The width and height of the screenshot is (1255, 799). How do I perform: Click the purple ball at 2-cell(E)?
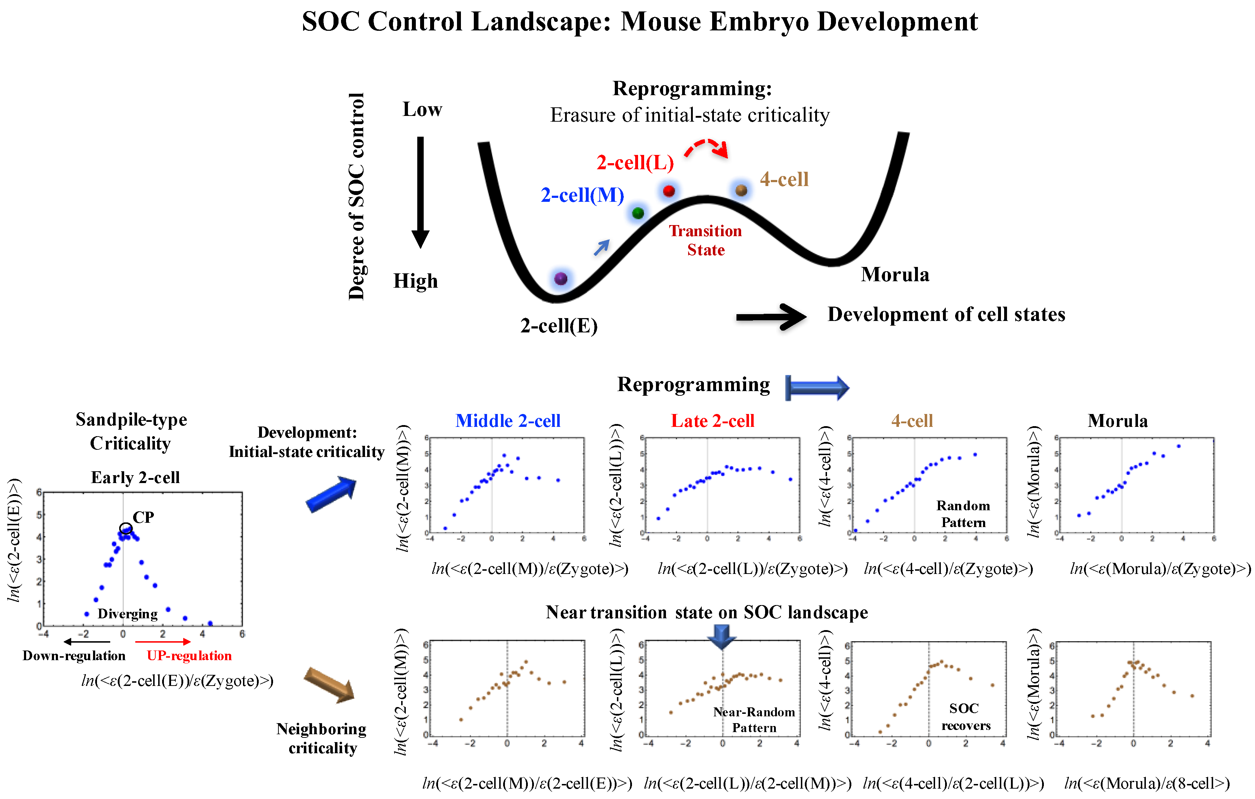pos(561,278)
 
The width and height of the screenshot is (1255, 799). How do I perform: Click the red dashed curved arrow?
pos(706,147)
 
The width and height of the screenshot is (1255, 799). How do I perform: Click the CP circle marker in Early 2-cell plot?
pos(126,528)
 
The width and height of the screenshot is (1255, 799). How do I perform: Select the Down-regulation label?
pos(74,656)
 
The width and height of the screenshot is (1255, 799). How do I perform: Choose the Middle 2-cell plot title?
pos(508,420)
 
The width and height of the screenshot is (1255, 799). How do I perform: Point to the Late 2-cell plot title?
pos(712,420)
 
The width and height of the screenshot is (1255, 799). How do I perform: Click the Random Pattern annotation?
pos(963,514)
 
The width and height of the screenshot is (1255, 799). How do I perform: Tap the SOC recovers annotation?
pos(965,717)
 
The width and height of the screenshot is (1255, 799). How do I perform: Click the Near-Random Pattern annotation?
pos(754,720)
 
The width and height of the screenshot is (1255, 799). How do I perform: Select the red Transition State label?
pos(706,240)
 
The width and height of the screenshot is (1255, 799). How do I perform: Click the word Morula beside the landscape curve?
pos(895,275)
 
